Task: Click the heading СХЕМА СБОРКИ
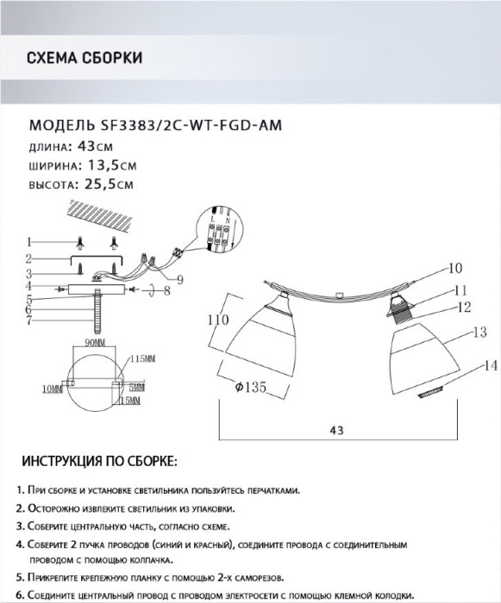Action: [x=85, y=58]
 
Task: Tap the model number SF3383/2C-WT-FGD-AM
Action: [x=191, y=125]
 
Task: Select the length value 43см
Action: [x=95, y=146]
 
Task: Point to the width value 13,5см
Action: [x=112, y=165]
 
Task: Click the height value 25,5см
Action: [x=109, y=184]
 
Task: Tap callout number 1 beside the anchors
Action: [x=28, y=242]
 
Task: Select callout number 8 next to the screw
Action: [x=166, y=291]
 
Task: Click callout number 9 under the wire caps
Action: [x=180, y=280]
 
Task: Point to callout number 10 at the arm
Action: [x=455, y=268]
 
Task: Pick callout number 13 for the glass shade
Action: [x=479, y=332]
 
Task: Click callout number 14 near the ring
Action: [x=491, y=366]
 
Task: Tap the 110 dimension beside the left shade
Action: [x=218, y=320]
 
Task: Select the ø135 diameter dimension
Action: [x=251, y=387]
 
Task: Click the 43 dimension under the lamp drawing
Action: [x=336, y=431]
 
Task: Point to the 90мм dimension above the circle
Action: [x=95, y=342]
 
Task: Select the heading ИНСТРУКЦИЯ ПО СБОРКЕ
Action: [x=100, y=462]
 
